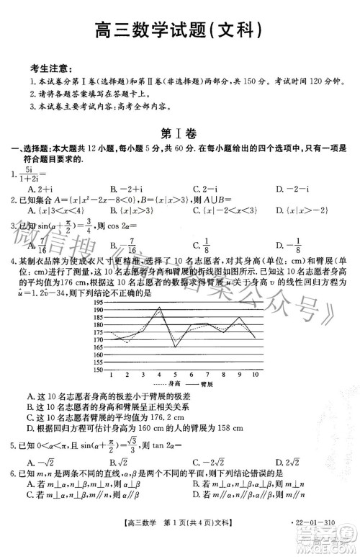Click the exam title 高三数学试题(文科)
click(x=178, y=30)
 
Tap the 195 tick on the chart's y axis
click(x=98, y=303)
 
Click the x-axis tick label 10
click(x=256, y=375)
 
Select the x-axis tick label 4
click(x=159, y=375)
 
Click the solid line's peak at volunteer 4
click(x=159, y=308)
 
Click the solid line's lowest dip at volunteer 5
click(x=175, y=347)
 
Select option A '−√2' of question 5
click(x=37, y=461)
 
